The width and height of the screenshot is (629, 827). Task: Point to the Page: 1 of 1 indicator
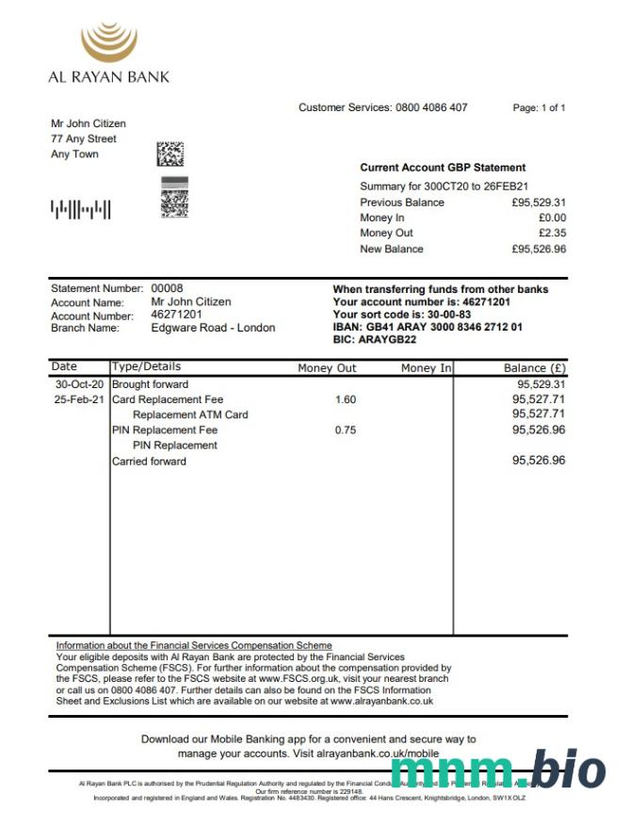tap(539, 108)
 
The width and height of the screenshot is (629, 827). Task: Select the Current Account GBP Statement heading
tap(443, 168)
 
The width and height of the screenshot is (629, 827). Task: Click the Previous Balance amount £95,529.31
tap(539, 203)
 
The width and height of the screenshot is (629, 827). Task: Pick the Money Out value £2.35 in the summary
tap(552, 233)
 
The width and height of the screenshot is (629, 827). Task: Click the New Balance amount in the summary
tap(539, 249)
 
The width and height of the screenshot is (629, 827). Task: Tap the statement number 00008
tap(168, 288)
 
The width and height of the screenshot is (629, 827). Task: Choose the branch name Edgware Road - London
tap(213, 328)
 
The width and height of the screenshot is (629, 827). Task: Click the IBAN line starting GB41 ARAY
tap(427, 327)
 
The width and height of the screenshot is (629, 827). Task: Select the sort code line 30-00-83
tap(402, 315)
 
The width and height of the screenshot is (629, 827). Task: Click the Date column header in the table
tap(65, 366)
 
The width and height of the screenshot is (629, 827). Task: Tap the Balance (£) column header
tap(535, 368)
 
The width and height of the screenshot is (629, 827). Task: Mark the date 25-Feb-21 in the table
tap(79, 399)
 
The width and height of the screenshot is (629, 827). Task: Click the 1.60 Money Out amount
tap(346, 399)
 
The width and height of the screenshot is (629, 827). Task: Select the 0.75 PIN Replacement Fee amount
tap(346, 430)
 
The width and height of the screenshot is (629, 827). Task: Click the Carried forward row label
tap(149, 462)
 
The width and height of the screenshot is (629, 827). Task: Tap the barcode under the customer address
tap(80, 208)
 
